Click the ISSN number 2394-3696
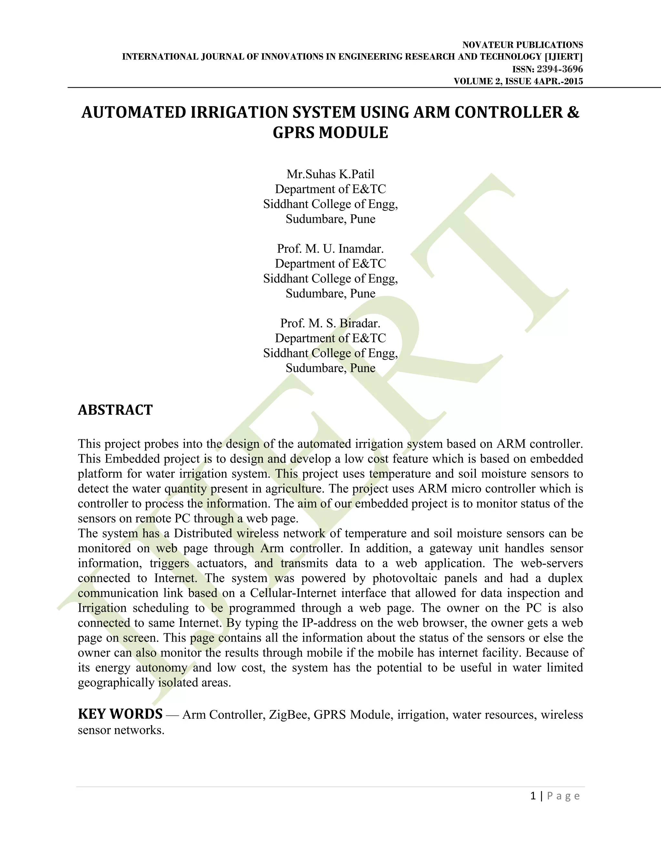click(x=560, y=69)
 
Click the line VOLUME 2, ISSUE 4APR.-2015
click(x=518, y=81)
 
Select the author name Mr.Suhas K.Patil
click(x=330, y=174)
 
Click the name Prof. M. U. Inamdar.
click(x=330, y=248)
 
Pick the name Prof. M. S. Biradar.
click(x=330, y=323)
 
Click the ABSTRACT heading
click(x=115, y=410)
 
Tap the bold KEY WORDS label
click(x=120, y=714)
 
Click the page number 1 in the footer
click(x=533, y=796)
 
